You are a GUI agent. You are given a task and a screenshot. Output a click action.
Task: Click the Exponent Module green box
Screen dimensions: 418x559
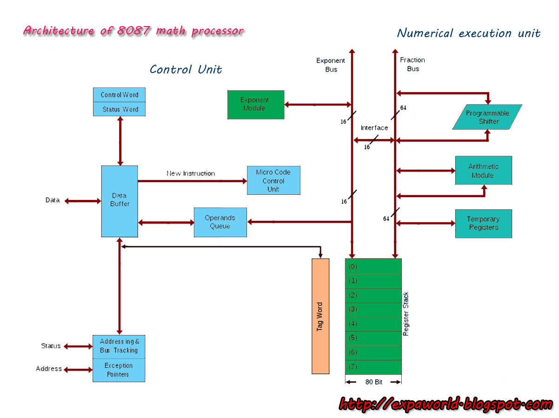(255, 105)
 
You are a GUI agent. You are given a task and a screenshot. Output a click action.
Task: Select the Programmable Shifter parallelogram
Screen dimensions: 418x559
(487, 117)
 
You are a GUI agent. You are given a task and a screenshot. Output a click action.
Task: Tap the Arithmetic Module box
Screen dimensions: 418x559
(483, 171)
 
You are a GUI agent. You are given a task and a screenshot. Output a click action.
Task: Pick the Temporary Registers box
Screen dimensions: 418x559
(483, 224)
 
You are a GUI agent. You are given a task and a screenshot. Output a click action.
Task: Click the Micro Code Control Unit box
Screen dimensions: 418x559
(273, 180)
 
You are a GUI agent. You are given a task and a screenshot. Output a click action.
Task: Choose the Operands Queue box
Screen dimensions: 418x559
(220, 222)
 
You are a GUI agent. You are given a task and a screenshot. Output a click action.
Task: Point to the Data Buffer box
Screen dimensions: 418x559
(120, 201)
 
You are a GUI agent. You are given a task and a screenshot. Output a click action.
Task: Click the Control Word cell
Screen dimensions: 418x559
(119, 95)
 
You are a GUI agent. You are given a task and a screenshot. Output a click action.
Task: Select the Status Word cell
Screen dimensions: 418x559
(119, 109)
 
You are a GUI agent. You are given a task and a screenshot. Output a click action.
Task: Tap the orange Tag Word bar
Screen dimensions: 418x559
(320, 316)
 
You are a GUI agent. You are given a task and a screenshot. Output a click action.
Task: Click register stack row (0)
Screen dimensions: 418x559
(373, 267)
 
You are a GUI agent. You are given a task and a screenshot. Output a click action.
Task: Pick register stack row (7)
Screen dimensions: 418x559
(373, 367)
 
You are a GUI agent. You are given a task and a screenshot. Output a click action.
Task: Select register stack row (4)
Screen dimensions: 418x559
(373, 324)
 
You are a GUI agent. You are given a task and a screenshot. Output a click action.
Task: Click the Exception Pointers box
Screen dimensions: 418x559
(119, 370)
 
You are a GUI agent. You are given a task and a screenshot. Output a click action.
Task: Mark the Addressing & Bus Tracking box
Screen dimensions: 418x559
(119, 346)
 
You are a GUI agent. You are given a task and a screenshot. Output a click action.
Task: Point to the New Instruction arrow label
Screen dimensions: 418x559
(191, 173)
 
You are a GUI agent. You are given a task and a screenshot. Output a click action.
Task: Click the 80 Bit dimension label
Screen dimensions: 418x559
(373, 382)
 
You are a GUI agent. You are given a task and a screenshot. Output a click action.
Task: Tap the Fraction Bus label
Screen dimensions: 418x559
(413, 64)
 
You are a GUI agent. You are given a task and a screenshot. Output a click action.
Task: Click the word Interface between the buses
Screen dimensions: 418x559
(374, 128)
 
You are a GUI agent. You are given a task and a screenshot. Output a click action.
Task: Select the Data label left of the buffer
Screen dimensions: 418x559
(53, 200)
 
